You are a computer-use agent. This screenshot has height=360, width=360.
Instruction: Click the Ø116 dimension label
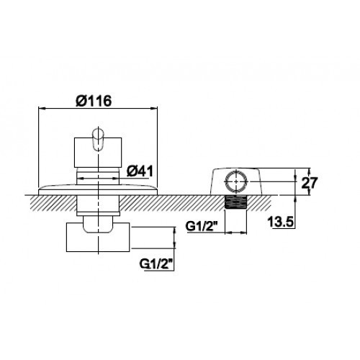coord(94,101)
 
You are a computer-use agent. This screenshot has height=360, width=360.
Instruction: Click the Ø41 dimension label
coord(140,171)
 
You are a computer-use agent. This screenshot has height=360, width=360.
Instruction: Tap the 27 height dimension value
coord(310,183)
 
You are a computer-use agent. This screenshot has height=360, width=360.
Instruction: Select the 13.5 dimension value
coord(281,222)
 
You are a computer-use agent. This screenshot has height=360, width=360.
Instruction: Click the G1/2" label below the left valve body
coord(156,264)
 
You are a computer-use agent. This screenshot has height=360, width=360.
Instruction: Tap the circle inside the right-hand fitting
coord(236,181)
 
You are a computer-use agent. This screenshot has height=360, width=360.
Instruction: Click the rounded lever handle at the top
coord(98,140)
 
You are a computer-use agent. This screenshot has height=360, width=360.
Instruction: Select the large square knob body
coord(98,153)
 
